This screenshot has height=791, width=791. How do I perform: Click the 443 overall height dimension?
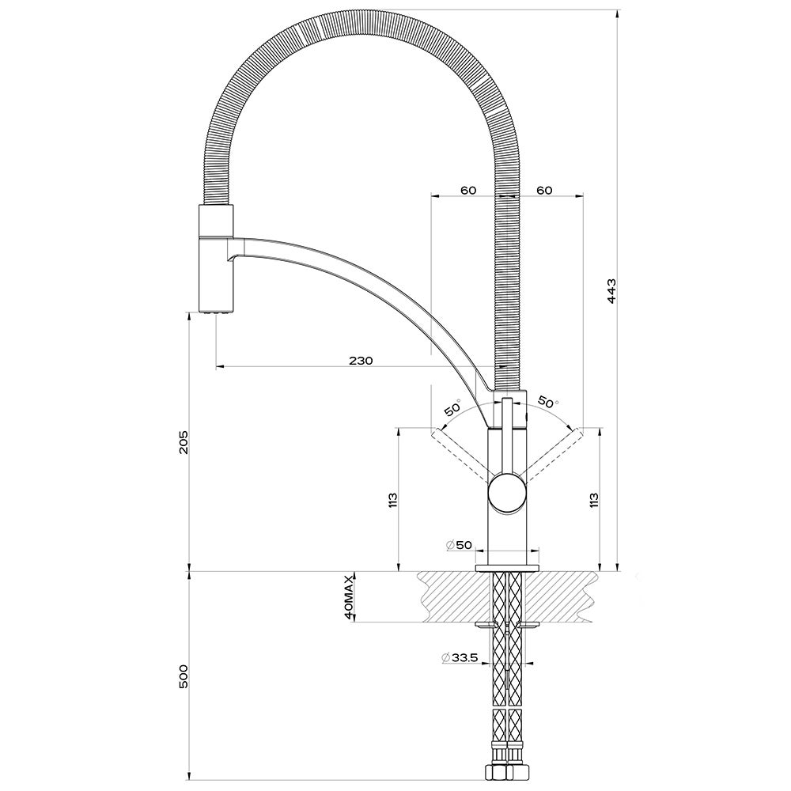(611, 293)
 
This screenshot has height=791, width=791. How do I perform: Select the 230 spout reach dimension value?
(360, 361)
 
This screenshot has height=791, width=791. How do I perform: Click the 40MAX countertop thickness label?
(347, 596)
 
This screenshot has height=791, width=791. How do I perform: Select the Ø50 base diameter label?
(459, 545)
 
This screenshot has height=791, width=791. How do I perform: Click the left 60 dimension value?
(468, 191)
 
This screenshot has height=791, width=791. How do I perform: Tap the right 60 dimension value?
(543, 191)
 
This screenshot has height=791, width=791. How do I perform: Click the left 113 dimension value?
(392, 500)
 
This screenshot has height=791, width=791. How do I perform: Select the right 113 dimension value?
(594, 500)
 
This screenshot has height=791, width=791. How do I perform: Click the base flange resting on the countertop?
(507, 568)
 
